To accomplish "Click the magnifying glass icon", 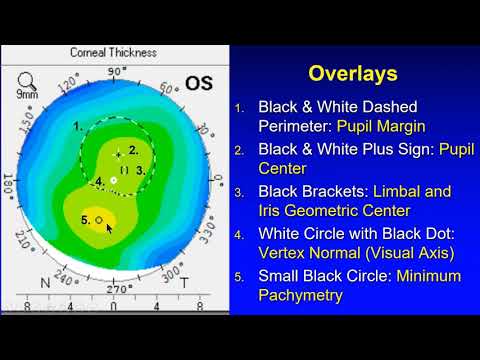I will (x=23, y=76).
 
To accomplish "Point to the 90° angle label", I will (x=117, y=71).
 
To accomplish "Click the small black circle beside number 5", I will (x=99, y=219).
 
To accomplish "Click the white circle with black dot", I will (x=114, y=180).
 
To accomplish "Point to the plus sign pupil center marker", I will (x=119, y=155).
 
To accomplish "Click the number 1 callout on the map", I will (x=78, y=127).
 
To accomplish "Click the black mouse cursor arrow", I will (x=109, y=227).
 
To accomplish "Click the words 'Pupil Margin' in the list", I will (x=381, y=127).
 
